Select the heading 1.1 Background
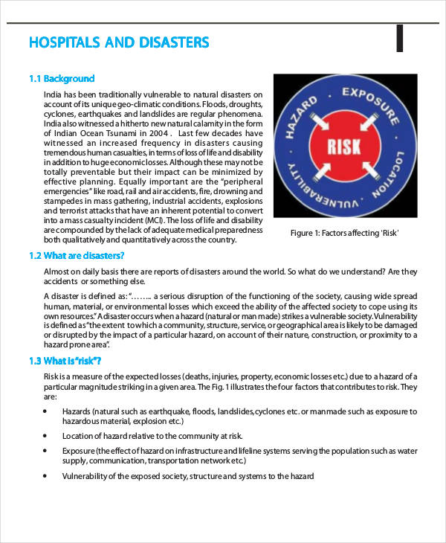[x=62, y=78]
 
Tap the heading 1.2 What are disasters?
[x=77, y=255]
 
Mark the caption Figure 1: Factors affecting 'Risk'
[x=344, y=233]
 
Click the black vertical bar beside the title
[x=399, y=39]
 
